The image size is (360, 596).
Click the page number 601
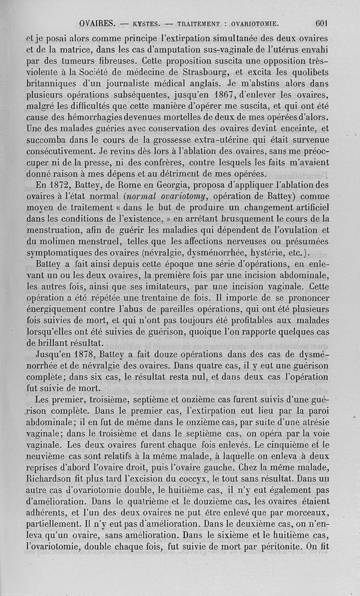(324, 22)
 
